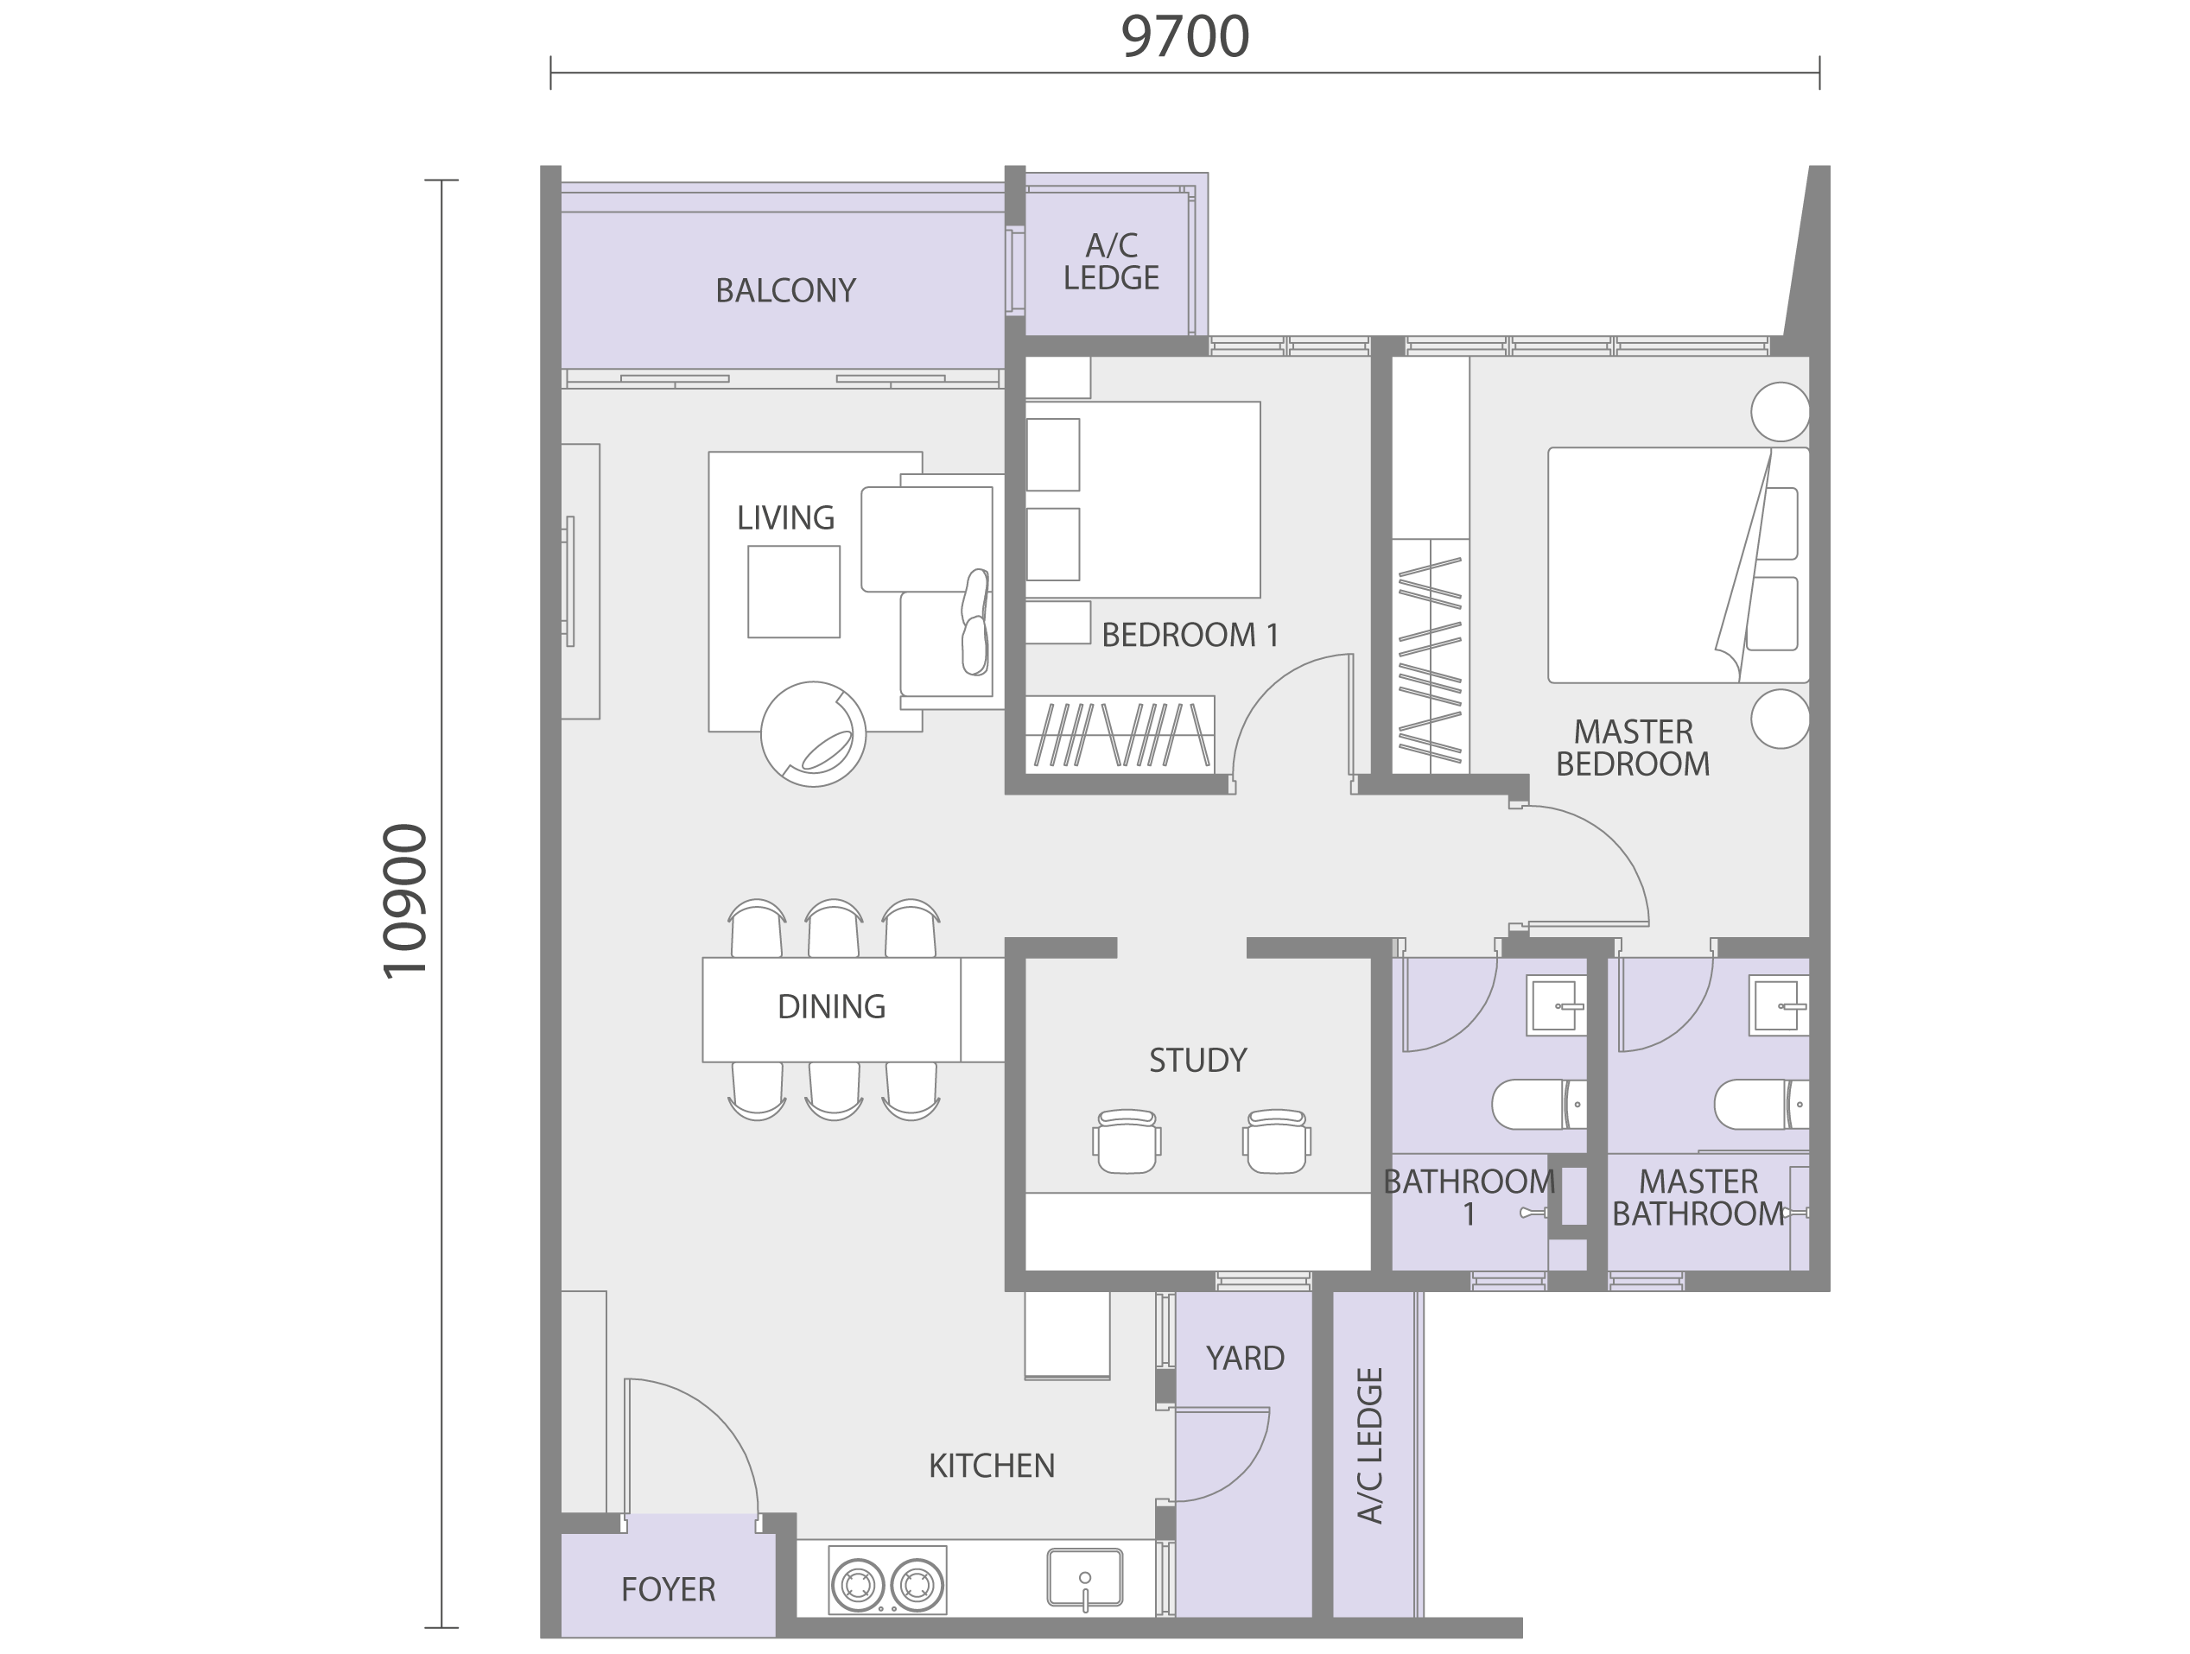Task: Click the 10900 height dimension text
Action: (x=405, y=902)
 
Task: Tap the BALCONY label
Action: (x=785, y=290)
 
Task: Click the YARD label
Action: (x=1245, y=1358)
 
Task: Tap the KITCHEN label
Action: (x=991, y=1465)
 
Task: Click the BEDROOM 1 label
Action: (x=1190, y=635)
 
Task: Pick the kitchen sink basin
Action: (x=1085, y=1577)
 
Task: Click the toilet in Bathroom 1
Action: (x=1539, y=1104)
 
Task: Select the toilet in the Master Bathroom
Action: (x=1762, y=1104)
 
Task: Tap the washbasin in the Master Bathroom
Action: (x=1779, y=1005)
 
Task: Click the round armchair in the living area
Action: (x=813, y=734)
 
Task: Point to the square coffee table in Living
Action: (x=794, y=592)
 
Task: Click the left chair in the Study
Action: (x=1127, y=1141)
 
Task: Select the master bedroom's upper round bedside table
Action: (x=1781, y=412)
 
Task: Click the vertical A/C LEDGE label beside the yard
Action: (x=1369, y=1445)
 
